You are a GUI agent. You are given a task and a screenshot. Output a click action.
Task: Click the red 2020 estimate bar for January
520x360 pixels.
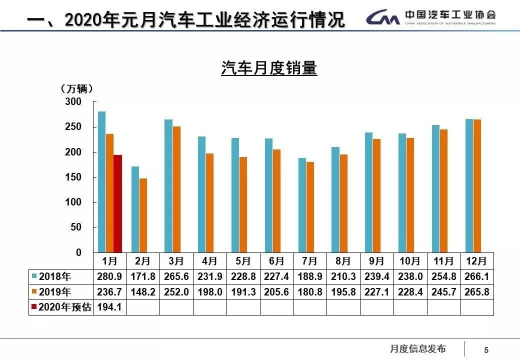tap(117, 204)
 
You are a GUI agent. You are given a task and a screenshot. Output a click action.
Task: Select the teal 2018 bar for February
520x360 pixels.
tap(135, 209)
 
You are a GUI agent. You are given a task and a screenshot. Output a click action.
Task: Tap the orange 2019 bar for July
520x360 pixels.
tap(310, 207)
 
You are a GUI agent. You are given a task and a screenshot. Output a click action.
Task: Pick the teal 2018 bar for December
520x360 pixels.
tap(469, 186)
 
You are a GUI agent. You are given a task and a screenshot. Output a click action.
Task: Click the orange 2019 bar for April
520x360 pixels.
tap(210, 203)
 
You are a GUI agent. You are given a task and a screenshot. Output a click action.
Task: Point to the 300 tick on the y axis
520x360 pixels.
tap(73, 102)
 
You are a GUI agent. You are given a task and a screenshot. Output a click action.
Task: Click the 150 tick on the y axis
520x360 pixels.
tap(73, 177)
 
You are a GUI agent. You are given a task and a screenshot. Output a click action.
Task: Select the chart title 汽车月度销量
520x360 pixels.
tap(269, 68)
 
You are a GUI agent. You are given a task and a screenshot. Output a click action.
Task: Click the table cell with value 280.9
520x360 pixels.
tap(109, 276)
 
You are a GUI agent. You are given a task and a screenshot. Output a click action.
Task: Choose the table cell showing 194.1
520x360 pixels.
tap(109, 307)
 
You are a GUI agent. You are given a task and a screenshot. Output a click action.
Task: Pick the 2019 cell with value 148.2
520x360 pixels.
tap(143, 292)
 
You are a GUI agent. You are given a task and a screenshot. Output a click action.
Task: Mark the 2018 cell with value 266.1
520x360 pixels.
tap(477, 276)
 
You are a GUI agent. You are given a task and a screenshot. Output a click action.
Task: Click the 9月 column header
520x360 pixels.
tap(376, 261)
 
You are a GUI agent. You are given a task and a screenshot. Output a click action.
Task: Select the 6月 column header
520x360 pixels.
tap(276, 261)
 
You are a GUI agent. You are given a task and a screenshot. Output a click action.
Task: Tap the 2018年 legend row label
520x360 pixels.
tap(55, 276)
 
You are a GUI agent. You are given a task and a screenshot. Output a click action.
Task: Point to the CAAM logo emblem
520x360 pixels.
tap(382, 18)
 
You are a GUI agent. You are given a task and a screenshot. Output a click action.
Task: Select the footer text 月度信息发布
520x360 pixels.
tap(417, 349)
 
